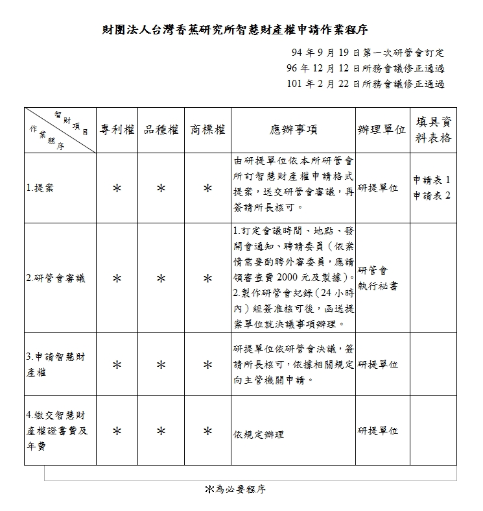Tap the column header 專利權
click(117, 130)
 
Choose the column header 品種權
click(161, 130)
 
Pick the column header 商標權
click(207, 130)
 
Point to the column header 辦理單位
click(381, 130)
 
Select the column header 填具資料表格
click(434, 130)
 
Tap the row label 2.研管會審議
click(56, 278)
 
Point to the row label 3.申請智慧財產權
click(55, 364)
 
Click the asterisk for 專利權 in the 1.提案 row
click(117, 188)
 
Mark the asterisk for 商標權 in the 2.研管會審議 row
click(207, 279)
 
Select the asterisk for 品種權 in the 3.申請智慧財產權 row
click(161, 365)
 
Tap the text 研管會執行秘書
click(377, 278)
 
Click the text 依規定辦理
click(258, 435)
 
